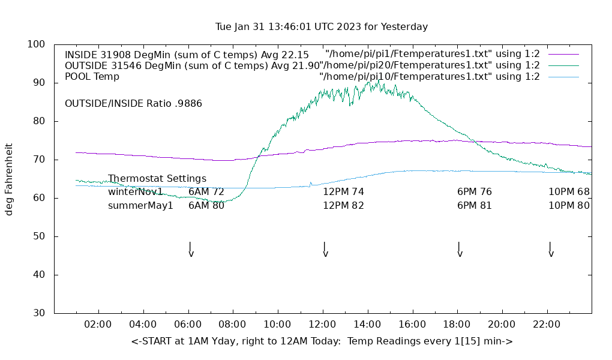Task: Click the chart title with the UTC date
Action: coord(322,27)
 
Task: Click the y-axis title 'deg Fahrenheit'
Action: coord(9,179)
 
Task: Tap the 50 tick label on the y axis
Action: coord(39,236)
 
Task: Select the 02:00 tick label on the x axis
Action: coord(98,325)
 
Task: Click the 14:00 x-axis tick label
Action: coord(367,325)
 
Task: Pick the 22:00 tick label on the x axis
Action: coord(547,325)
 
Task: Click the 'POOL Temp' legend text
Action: coord(92,77)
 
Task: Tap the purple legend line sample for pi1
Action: coord(563,55)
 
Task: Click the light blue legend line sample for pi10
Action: coord(563,77)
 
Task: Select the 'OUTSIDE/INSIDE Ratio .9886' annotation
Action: coord(133,104)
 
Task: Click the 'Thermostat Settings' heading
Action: coord(157,179)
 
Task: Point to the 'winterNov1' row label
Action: coord(136,192)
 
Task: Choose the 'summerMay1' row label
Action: coord(140,206)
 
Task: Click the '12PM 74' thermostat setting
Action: coord(343,192)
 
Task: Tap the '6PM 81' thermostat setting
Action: coord(475,206)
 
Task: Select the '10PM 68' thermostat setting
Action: coord(569,192)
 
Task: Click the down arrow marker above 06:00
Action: coord(191,250)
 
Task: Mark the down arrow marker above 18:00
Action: coord(460,250)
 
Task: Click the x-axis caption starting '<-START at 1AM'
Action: coord(322,341)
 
